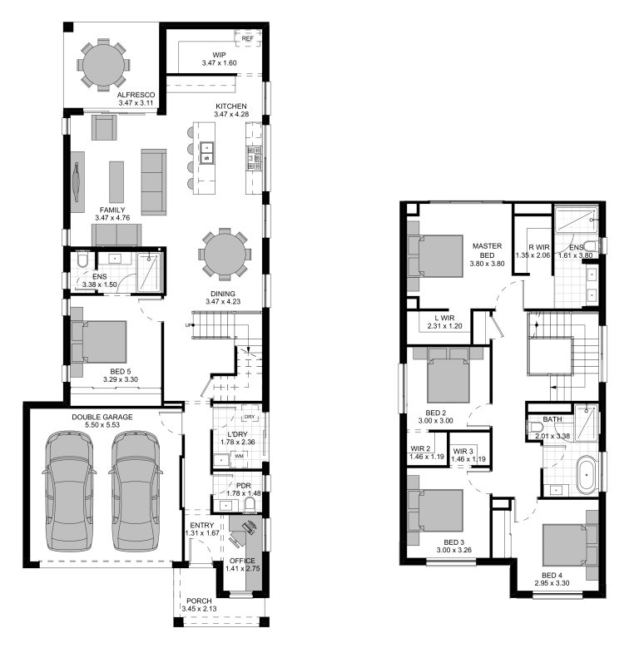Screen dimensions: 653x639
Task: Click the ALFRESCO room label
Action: [x=136, y=96]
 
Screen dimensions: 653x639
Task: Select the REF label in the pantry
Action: [x=247, y=38]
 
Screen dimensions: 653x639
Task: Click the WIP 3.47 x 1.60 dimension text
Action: [x=220, y=62]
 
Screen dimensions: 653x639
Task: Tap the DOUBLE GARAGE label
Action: [x=102, y=416]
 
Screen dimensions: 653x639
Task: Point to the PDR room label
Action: [x=244, y=485]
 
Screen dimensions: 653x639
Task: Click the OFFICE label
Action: [x=242, y=561]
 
